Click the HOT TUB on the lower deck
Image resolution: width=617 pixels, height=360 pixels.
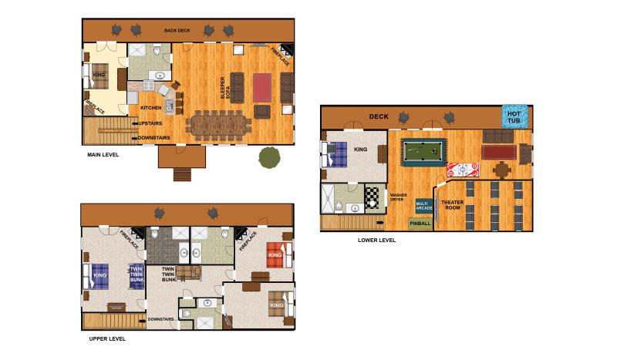click(514, 116)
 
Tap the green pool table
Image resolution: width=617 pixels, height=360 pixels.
click(423, 152)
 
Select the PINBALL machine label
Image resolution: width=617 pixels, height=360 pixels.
click(420, 224)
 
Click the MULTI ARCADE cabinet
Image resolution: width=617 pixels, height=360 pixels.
click(423, 206)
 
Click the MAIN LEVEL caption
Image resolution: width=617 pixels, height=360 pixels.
click(103, 154)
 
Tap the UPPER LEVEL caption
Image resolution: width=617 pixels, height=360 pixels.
click(107, 338)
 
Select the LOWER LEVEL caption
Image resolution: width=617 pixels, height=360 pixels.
click(377, 240)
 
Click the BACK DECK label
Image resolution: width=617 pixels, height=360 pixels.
click(177, 31)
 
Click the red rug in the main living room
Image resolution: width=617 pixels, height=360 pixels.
click(262, 87)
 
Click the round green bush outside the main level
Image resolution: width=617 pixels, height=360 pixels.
click(269, 157)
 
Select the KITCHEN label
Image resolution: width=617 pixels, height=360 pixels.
click(150, 108)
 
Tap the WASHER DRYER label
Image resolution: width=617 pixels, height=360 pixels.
click(398, 198)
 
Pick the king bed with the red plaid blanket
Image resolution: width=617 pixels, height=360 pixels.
click(276, 254)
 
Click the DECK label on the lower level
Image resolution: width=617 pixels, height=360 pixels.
click(378, 116)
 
